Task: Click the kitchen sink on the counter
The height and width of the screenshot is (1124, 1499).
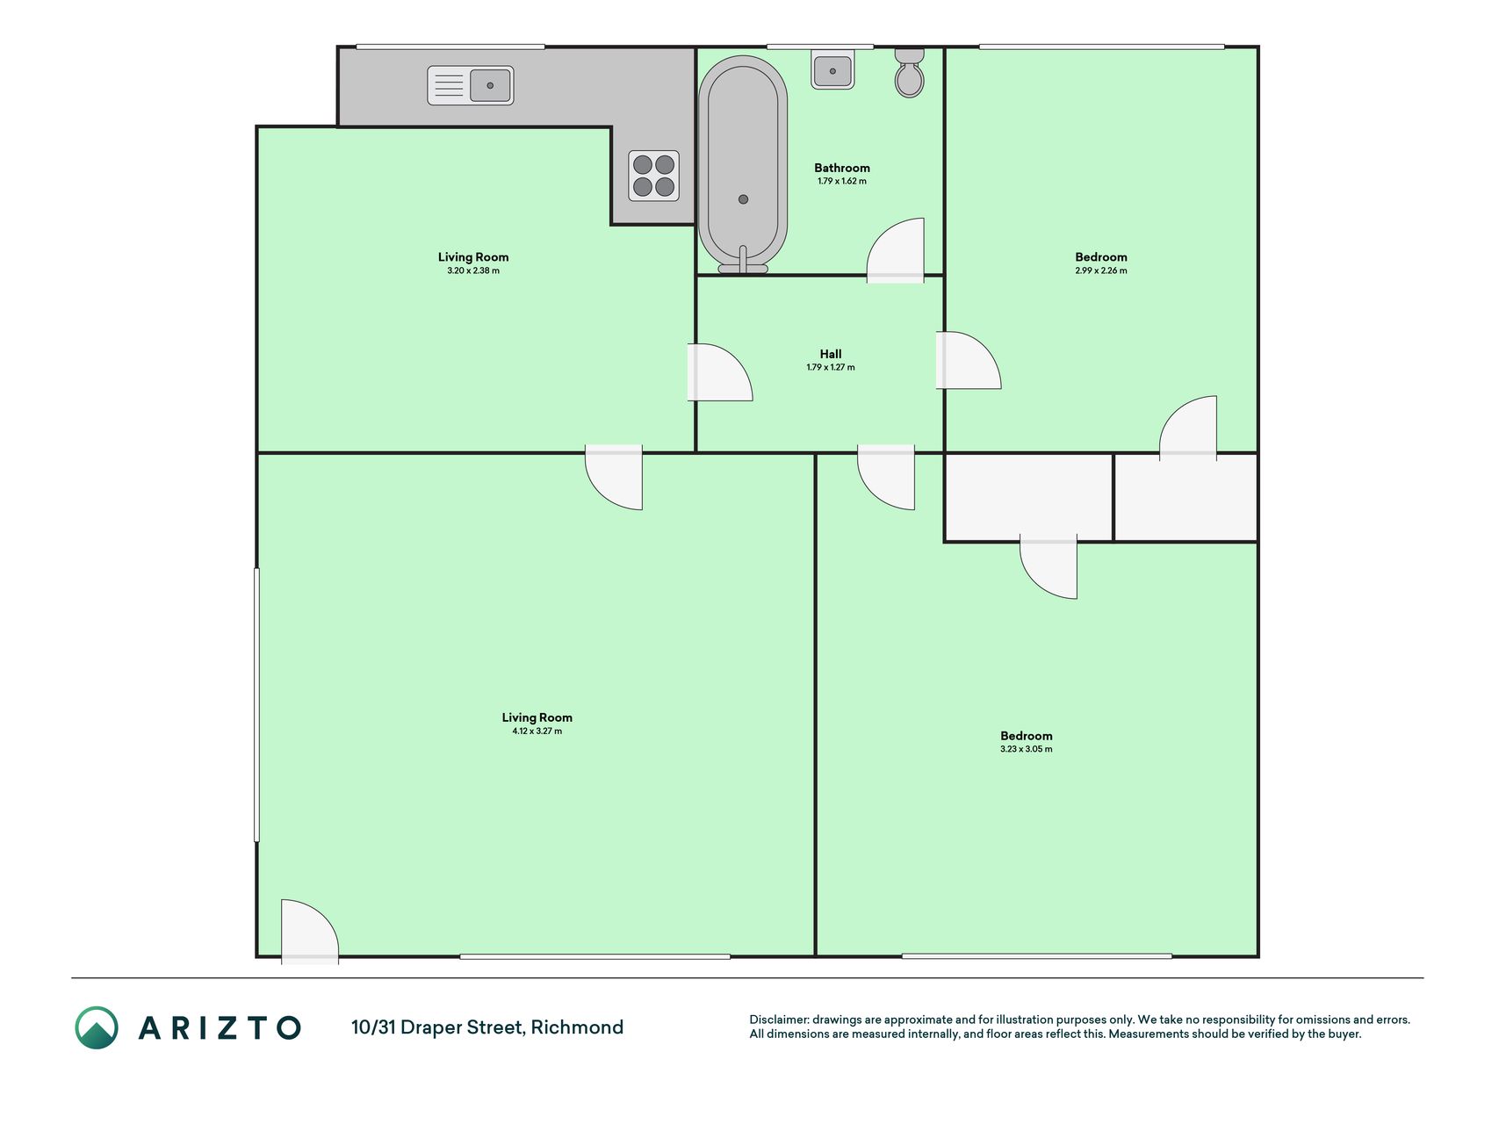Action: pyautogui.click(x=470, y=86)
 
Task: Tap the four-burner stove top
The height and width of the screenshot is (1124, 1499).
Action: pyautogui.click(x=653, y=176)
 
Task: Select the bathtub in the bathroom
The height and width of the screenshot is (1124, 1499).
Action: pyautogui.click(x=743, y=165)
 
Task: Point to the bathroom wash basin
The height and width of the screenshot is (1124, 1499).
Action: pyautogui.click(x=832, y=70)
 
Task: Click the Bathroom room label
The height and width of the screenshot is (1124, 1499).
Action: pyautogui.click(x=841, y=168)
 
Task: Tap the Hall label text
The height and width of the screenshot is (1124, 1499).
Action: pyautogui.click(x=831, y=354)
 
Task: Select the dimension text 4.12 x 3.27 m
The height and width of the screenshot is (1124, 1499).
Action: pyautogui.click(x=537, y=731)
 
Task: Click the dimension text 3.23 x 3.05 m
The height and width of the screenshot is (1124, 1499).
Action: pyautogui.click(x=1026, y=749)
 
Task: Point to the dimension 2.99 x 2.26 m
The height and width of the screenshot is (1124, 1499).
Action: pyautogui.click(x=1101, y=270)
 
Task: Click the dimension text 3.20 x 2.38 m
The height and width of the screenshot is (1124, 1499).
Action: pyautogui.click(x=473, y=270)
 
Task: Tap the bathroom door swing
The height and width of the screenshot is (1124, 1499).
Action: pyautogui.click(x=896, y=250)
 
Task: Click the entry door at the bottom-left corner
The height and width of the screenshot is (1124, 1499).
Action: pyautogui.click(x=310, y=932)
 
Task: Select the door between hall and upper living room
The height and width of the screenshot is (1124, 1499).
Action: pyautogui.click(x=719, y=372)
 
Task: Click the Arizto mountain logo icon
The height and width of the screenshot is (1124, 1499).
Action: pyautogui.click(x=97, y=1027)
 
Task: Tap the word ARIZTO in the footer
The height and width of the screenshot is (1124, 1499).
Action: pyautogui.click(x=220, y=1028)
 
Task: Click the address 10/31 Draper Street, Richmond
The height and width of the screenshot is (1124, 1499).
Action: pyautogui.click(x=487, y=1027)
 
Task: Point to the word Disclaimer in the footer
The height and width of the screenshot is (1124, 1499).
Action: pyautogui.click(x=779, y=1020)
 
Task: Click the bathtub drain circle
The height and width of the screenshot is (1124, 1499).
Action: pyautogui.click(x=743, y=199)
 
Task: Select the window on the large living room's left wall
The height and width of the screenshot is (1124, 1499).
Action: pyautogui.click(x=256, y=705)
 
